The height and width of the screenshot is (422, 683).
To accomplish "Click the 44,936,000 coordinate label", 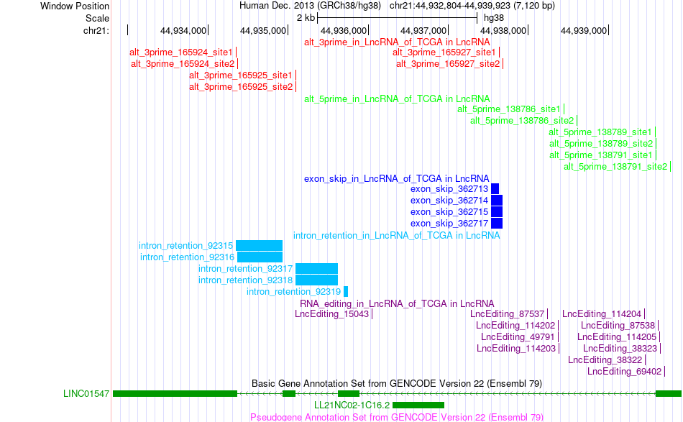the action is [x=344, y=30].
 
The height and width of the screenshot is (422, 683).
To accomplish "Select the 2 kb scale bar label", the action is [x=306, y=18].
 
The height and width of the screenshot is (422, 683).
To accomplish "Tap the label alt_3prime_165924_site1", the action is [x=181, y=52].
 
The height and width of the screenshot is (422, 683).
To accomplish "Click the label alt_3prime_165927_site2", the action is [x=448, y=63].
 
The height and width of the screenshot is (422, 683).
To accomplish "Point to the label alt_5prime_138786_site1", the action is [x=509, y=109].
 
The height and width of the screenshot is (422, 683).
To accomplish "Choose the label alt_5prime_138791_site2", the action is [x=615, y=166].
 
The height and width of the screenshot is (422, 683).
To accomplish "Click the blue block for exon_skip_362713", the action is [x=495, y=189].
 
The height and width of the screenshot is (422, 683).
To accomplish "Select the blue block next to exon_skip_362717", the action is [x=497, y=224].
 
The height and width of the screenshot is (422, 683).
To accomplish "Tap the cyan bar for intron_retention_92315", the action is [x=259, y=246].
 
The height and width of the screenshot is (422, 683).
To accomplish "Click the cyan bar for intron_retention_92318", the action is [x=316, y=280].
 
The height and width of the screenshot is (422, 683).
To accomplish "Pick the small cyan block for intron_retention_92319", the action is [x=346, y=292].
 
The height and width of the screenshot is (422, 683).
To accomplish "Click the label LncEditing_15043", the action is [x=332, y=314].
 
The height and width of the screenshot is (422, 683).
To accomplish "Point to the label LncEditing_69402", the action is [x=624, y=372].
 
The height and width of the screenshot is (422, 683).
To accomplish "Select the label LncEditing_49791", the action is [x=518, y=337].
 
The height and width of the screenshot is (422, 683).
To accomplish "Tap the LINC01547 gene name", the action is [x=86, y=394].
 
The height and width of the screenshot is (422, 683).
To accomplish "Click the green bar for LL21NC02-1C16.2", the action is [x=418, y=405].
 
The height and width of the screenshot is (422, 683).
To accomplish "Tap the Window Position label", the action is [x=75, y=6].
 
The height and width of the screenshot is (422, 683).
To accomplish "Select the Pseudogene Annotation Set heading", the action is [x=397, y=417].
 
